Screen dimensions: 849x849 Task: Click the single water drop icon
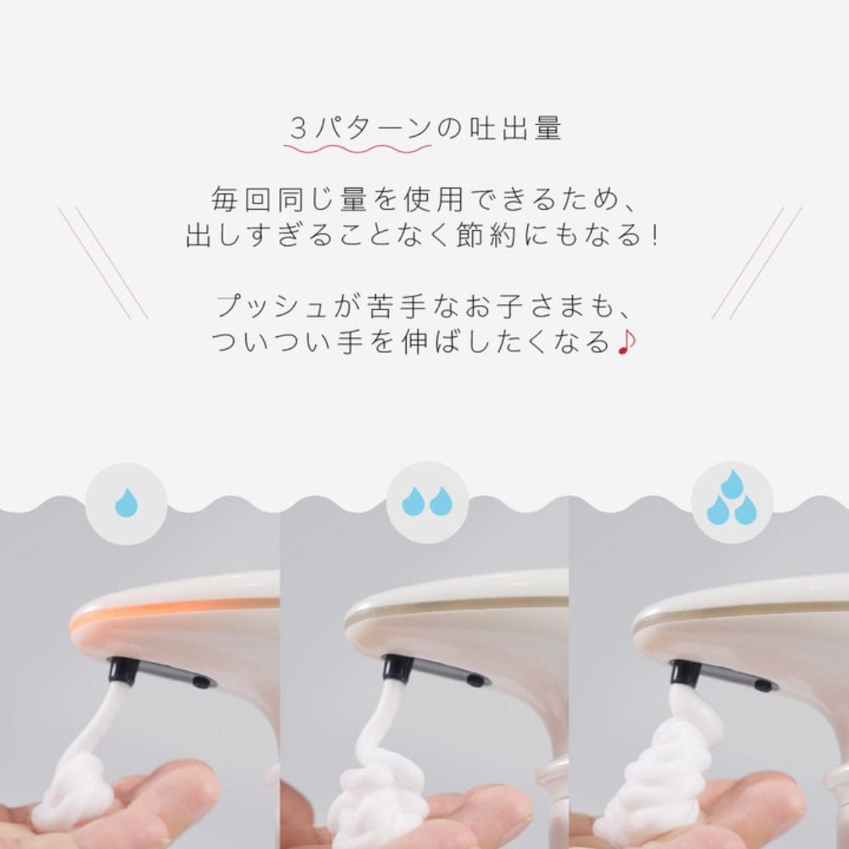point(126,503)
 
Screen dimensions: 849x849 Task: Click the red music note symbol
point(627,342)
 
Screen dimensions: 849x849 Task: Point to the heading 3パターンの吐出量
point(425,130)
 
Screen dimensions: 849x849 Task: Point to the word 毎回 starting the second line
point(232,200)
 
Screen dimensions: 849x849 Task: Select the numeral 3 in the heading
point(297,130)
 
